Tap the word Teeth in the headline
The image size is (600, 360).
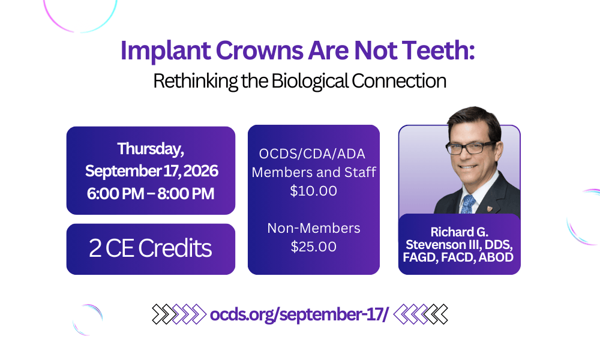pyautogui.click(x=436, y=51)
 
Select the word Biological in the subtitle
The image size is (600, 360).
pyautogui.click(x=301, y=80)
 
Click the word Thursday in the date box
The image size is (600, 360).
pyautogui.click(x=150, y=148)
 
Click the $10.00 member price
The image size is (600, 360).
pyautogui.click(x=314, y=191)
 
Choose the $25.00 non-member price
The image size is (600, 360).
pyautogui.click(x=314, y=247)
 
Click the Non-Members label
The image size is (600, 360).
pyautogui.click(x=314, y=228)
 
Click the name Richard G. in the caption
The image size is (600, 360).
pyautogui.click(x=460, y=232)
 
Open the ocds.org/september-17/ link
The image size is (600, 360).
pyautogui.click(x=299, y=313)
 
